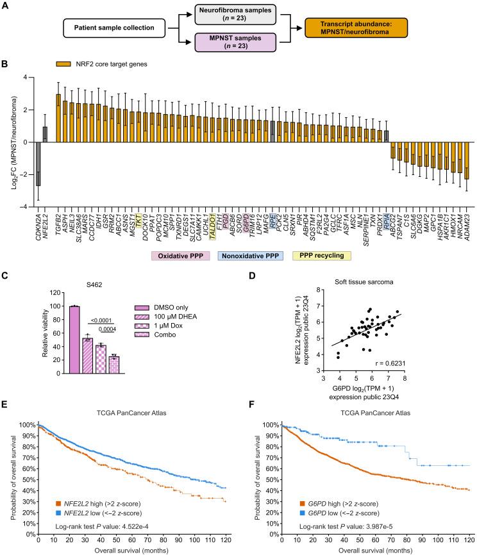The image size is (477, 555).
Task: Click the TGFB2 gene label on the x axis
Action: [59, 222]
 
